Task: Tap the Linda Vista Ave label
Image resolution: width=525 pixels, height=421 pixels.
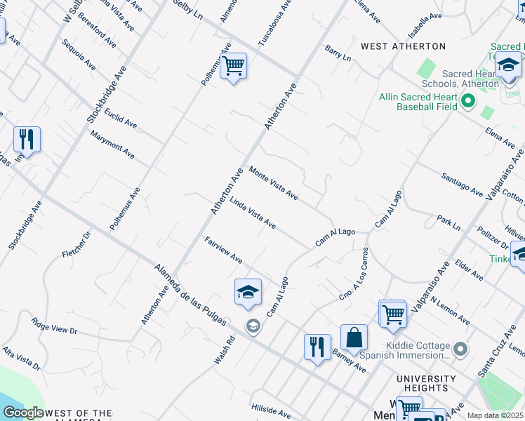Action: (253, 212)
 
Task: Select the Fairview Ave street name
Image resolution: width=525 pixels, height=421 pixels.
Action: (223, 250)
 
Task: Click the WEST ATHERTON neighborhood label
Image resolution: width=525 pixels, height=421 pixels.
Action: (403, 46)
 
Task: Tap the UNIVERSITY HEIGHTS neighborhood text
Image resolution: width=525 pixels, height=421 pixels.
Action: (422, 383)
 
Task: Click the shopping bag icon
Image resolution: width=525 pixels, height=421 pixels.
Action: (354, 338)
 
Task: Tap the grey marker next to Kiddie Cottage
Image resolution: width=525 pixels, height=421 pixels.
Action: (460, 349)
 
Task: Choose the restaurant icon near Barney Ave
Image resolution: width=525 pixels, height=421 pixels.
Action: (317, 347)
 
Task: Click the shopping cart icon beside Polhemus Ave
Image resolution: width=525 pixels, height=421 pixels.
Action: (233, 67)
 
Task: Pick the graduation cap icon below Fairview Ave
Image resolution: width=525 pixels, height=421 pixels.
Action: (248, 292)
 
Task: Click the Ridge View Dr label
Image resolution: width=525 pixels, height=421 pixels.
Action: (54, 326)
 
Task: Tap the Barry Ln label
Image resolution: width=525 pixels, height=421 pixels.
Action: (338, 53)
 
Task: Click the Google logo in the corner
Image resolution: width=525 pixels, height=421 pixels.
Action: (23, 413)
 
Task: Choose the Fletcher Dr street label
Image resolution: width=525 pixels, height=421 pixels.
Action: (77, 243)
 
